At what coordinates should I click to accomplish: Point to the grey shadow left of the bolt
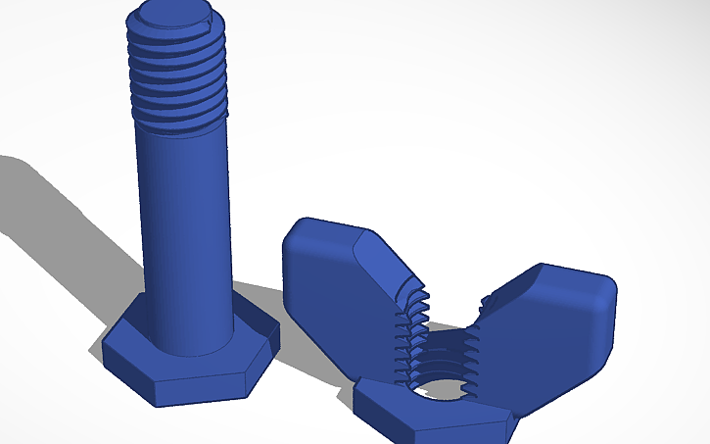tap(59, 216)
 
